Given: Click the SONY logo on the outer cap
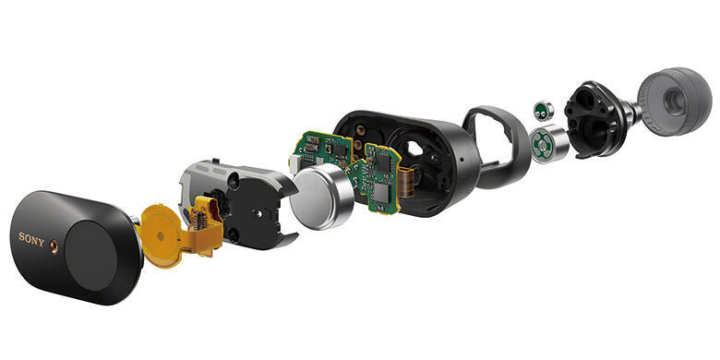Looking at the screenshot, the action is coord(31,239).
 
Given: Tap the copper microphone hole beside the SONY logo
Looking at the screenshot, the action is coord(54,246).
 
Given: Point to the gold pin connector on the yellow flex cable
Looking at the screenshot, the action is coord(198,216).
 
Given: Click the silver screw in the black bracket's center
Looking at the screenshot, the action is coord(259,213).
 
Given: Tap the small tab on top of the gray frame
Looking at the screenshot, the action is coord(214,162).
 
